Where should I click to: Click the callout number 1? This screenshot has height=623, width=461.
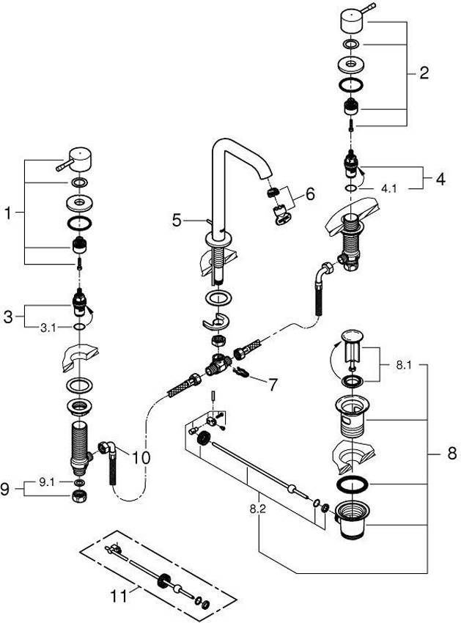click(x=9, y=213)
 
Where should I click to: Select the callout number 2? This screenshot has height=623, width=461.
click(x=424, y=73)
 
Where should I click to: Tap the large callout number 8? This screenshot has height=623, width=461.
click(x=452, y=453)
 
